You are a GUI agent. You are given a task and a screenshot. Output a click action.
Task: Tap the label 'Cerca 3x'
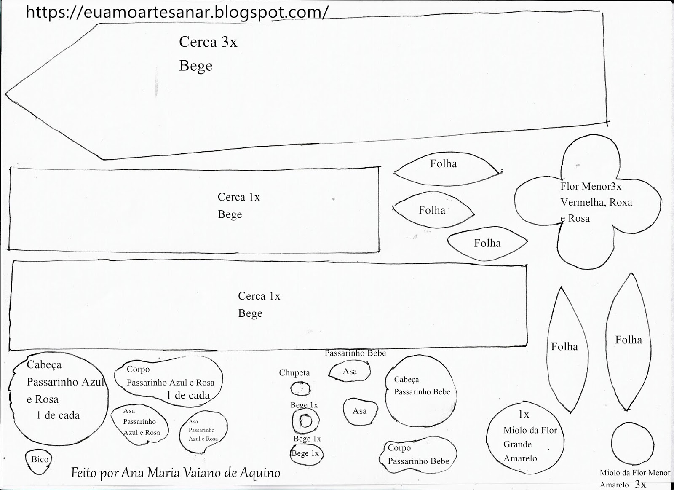point(208,42)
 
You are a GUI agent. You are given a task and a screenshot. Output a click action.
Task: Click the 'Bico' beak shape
point(40,459)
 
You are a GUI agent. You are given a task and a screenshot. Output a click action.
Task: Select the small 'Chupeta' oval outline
point(300,388)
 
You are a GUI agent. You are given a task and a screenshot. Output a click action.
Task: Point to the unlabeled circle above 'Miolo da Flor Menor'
point(632,443)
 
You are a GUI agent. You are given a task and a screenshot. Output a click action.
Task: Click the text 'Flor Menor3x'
point(591,186)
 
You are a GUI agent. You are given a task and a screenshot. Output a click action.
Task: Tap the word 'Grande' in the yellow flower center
point(517,444)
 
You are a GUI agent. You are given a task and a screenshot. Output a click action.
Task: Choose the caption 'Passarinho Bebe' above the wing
point(355,353)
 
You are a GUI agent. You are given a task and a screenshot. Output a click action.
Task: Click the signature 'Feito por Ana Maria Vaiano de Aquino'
point(176,473)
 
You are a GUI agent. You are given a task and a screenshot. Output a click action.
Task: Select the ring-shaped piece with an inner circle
point(305,421)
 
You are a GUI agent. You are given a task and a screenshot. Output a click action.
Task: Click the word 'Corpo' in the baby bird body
point(399,448)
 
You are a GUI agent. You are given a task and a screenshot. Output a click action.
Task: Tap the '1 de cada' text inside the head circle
point(58,415)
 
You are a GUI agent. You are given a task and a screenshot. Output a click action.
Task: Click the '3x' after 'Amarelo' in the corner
point(640,484)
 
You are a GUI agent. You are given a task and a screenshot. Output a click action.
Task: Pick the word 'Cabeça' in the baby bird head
point(407,379)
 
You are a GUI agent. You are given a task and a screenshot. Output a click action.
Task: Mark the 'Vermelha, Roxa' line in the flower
point(596,202)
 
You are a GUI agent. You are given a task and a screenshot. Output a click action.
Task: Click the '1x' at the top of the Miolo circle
point(524,415)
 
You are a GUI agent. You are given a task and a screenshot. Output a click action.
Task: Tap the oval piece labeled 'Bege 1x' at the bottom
point(305,454)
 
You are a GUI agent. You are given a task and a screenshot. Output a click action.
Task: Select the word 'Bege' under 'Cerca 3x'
point(196,66)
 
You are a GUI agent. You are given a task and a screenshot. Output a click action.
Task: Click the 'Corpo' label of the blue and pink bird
point(138,370)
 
